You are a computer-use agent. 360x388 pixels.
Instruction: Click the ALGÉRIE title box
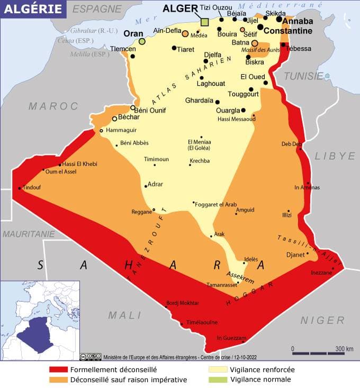tap(33, 9)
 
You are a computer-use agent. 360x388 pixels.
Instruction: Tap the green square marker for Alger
tap(205, 22)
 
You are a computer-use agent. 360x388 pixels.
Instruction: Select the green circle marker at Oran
tap(142, 41)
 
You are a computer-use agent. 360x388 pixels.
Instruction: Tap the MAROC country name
tap(53, 106)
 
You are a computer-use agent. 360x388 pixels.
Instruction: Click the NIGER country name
tap(322, 320)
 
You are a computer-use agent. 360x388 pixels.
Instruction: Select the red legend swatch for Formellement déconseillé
tap(58, 369)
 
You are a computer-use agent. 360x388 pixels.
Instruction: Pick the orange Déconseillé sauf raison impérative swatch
tap(58, 380)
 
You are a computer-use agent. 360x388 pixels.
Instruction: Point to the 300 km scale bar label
tap(344, 349)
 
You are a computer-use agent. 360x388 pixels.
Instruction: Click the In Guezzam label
tap(231, 338)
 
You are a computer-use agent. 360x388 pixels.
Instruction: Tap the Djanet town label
tap(295, 255)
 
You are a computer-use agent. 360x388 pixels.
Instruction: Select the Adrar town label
tap(156, 184)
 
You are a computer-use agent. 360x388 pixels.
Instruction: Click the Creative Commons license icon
tap(91, 356)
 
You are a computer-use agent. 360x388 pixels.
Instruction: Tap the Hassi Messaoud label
tap(236, 119)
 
